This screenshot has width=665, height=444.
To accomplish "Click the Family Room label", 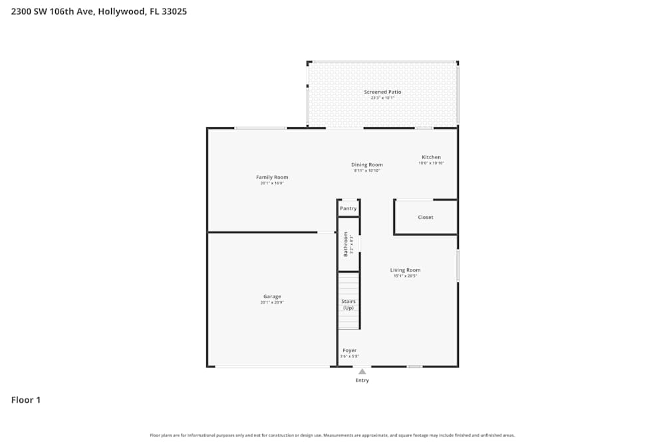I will (x=272, y=177).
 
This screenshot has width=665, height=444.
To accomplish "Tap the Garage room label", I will (x=272, y=296).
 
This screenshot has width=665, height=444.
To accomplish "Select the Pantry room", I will (x=348, y=208).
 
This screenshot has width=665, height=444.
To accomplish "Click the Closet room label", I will (x=426, y=217).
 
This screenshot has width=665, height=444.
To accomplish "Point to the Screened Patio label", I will (x=382, y=92).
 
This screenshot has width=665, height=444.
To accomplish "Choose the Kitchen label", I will (x=431, y=157).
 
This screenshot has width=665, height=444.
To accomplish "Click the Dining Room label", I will (x=367, y=164).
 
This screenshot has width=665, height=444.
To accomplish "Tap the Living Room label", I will (x=405, y=270).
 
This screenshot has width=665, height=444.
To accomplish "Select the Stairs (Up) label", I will (x=348, y=304).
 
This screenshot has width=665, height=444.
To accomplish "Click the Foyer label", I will (x=349, y=350).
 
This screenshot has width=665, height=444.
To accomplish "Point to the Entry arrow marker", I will (x=362, y=371).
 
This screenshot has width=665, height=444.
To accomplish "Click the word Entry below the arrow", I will (x=362, y=381).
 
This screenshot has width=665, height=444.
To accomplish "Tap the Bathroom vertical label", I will (x=346, y=244).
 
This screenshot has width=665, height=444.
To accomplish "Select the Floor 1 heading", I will (x=26, y=400).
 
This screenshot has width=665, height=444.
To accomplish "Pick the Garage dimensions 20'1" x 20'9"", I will (x=272, y=303).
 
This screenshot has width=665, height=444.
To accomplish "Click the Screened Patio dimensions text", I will (x=382, y=99).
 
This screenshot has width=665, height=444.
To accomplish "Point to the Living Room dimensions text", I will (x=405, y=276).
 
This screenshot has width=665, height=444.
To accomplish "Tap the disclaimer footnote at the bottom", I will (x=332, y=435).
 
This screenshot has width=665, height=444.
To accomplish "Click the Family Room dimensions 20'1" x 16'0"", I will (x=272, y=183).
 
